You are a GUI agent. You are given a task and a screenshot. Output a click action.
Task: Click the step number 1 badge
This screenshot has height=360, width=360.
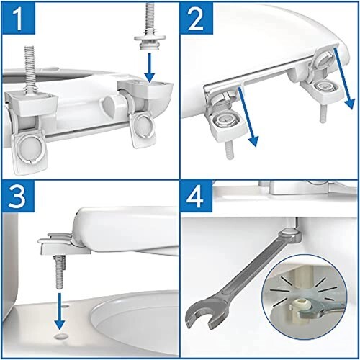point(19,18)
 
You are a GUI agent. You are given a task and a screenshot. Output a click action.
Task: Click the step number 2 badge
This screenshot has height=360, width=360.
point(197,18)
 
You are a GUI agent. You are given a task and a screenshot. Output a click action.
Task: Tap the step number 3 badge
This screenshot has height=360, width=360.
point(19,197)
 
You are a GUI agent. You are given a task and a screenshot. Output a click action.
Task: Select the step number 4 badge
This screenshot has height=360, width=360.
point(197,197)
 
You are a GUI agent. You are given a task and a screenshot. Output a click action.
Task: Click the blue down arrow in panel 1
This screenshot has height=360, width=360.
point(150,68)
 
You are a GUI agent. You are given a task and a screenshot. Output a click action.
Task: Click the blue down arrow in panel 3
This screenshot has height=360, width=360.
point(60,311)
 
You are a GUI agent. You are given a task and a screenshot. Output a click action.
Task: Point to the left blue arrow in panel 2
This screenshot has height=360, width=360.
point(248,117)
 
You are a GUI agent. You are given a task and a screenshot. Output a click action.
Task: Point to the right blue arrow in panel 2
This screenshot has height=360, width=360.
point(343,78)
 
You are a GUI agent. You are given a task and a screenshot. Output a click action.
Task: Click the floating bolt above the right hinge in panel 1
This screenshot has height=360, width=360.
point(150,26)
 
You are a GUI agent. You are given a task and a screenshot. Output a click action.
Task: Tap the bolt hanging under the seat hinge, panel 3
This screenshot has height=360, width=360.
point(60,271)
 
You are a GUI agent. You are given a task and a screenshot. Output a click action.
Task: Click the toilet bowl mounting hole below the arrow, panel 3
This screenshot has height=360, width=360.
point(59,336)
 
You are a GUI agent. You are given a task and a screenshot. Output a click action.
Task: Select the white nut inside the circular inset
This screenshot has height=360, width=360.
point(303,304)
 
